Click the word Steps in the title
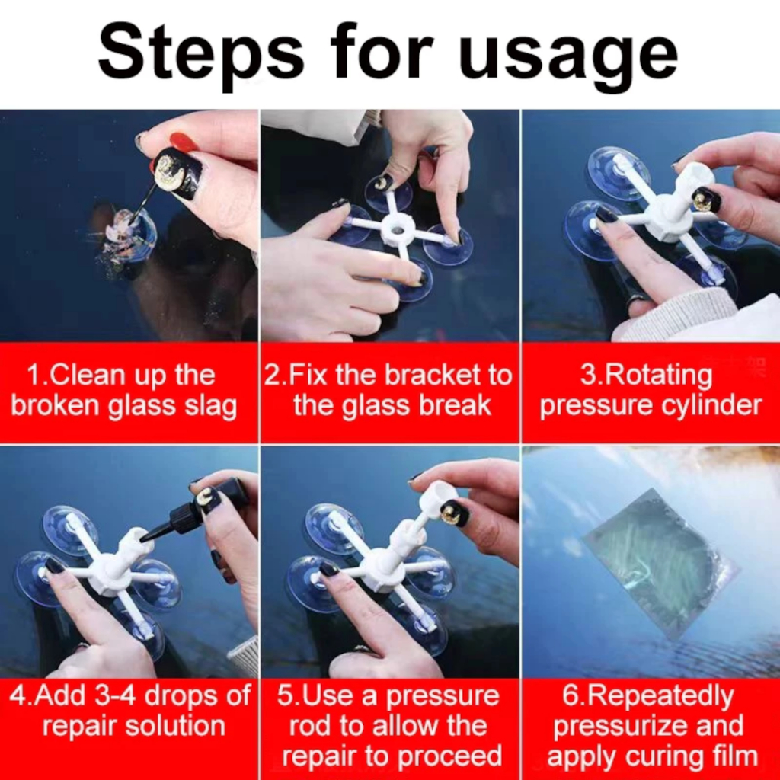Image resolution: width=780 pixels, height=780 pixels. pos(201,54)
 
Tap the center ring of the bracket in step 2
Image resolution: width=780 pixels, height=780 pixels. pos(396,230)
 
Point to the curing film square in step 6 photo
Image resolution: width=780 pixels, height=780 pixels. pos(659,563)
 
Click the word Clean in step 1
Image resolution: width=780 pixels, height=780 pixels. pos(85,375)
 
